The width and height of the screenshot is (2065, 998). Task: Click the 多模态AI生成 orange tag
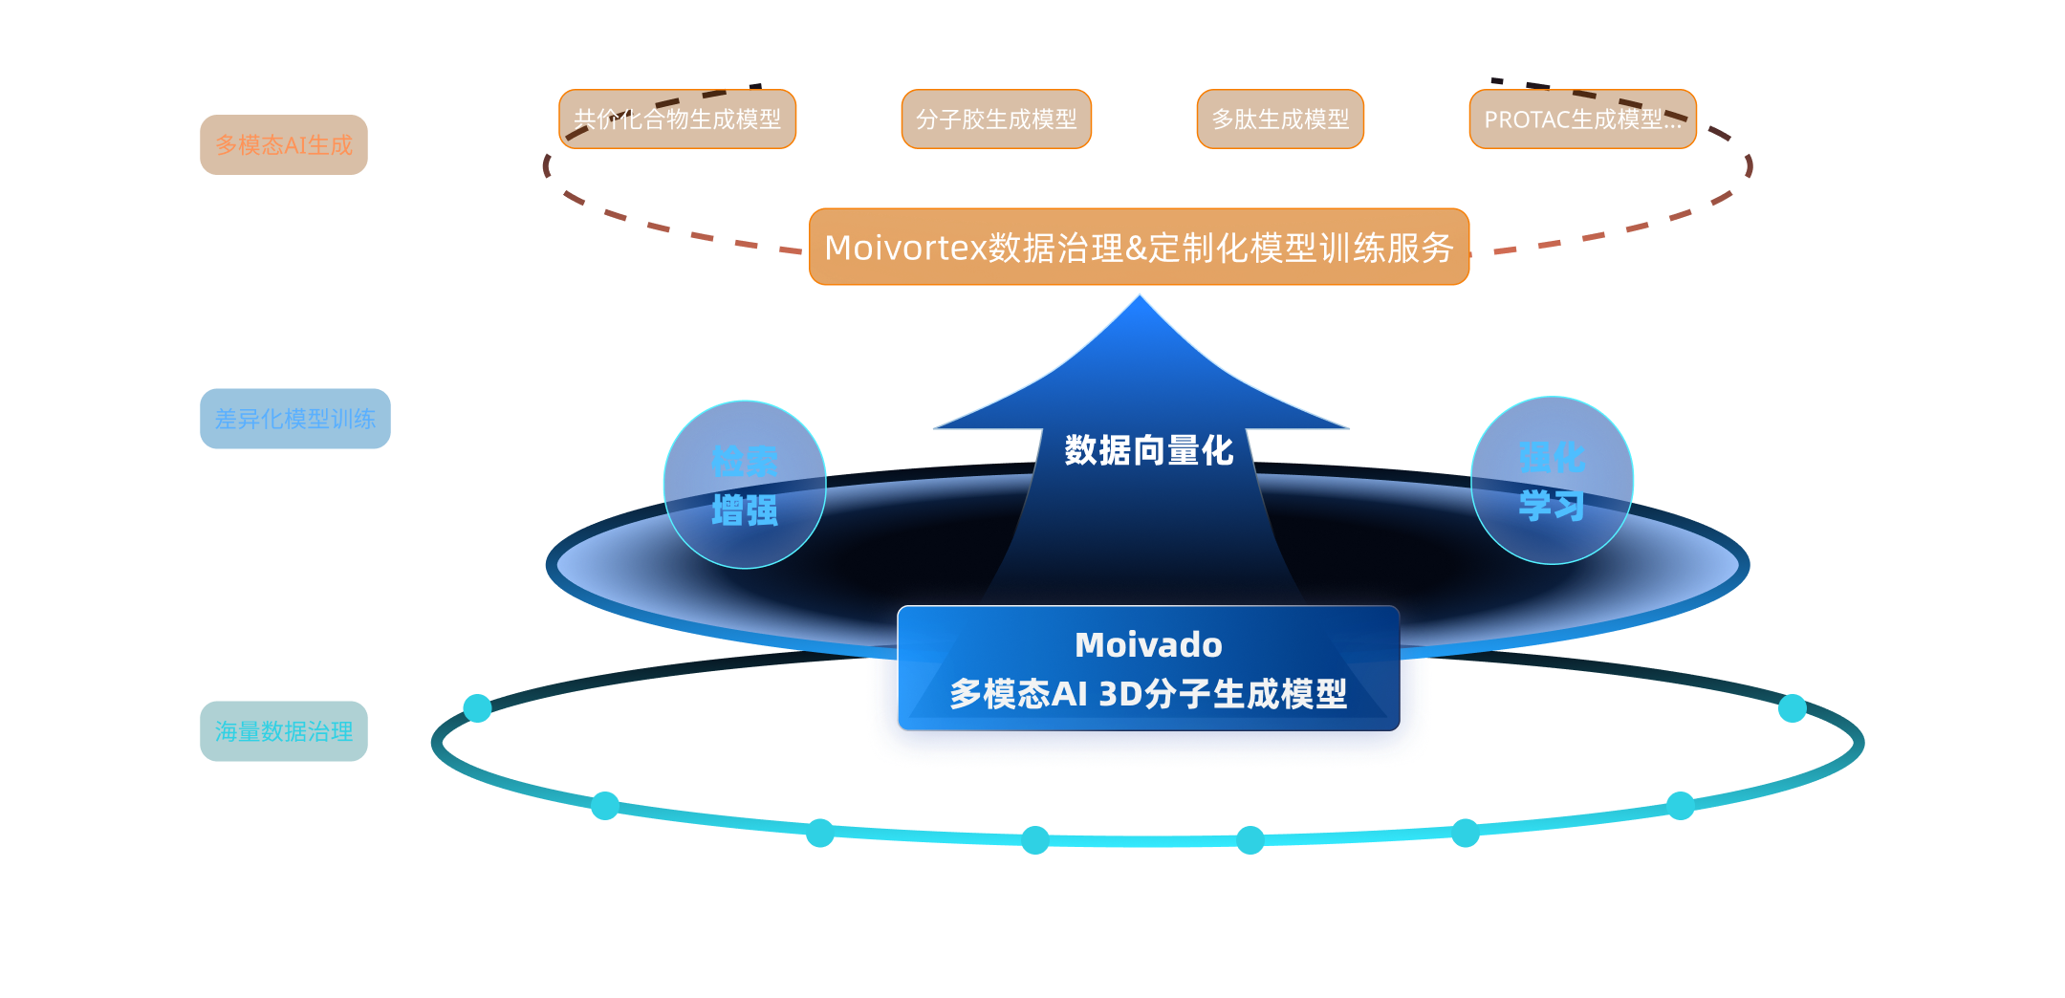click(284, 144)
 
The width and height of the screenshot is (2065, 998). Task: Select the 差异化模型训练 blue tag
click(294, 419)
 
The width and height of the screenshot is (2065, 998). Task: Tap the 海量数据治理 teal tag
click(284, 731)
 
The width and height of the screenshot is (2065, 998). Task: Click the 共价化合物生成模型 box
click(677, 119)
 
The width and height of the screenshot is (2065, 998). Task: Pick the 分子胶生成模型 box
click(996, 119)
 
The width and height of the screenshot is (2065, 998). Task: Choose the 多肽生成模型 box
click(1280, 119)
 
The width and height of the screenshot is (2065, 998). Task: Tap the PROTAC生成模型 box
click(1582, 119)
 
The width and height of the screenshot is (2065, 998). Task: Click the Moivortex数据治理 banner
click(1139, 248)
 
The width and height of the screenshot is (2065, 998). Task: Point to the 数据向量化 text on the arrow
click(1148, 450)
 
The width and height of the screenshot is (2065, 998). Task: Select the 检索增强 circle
click(745, 485)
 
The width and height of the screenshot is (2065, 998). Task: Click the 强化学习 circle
click(1552, 481)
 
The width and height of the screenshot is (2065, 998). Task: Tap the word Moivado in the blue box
click(1148, 645)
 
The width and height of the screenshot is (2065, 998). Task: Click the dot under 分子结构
click(477, 708)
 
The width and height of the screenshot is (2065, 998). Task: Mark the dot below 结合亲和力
click(820, 834)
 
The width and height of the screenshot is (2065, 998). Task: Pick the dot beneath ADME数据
click(1250, 840)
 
